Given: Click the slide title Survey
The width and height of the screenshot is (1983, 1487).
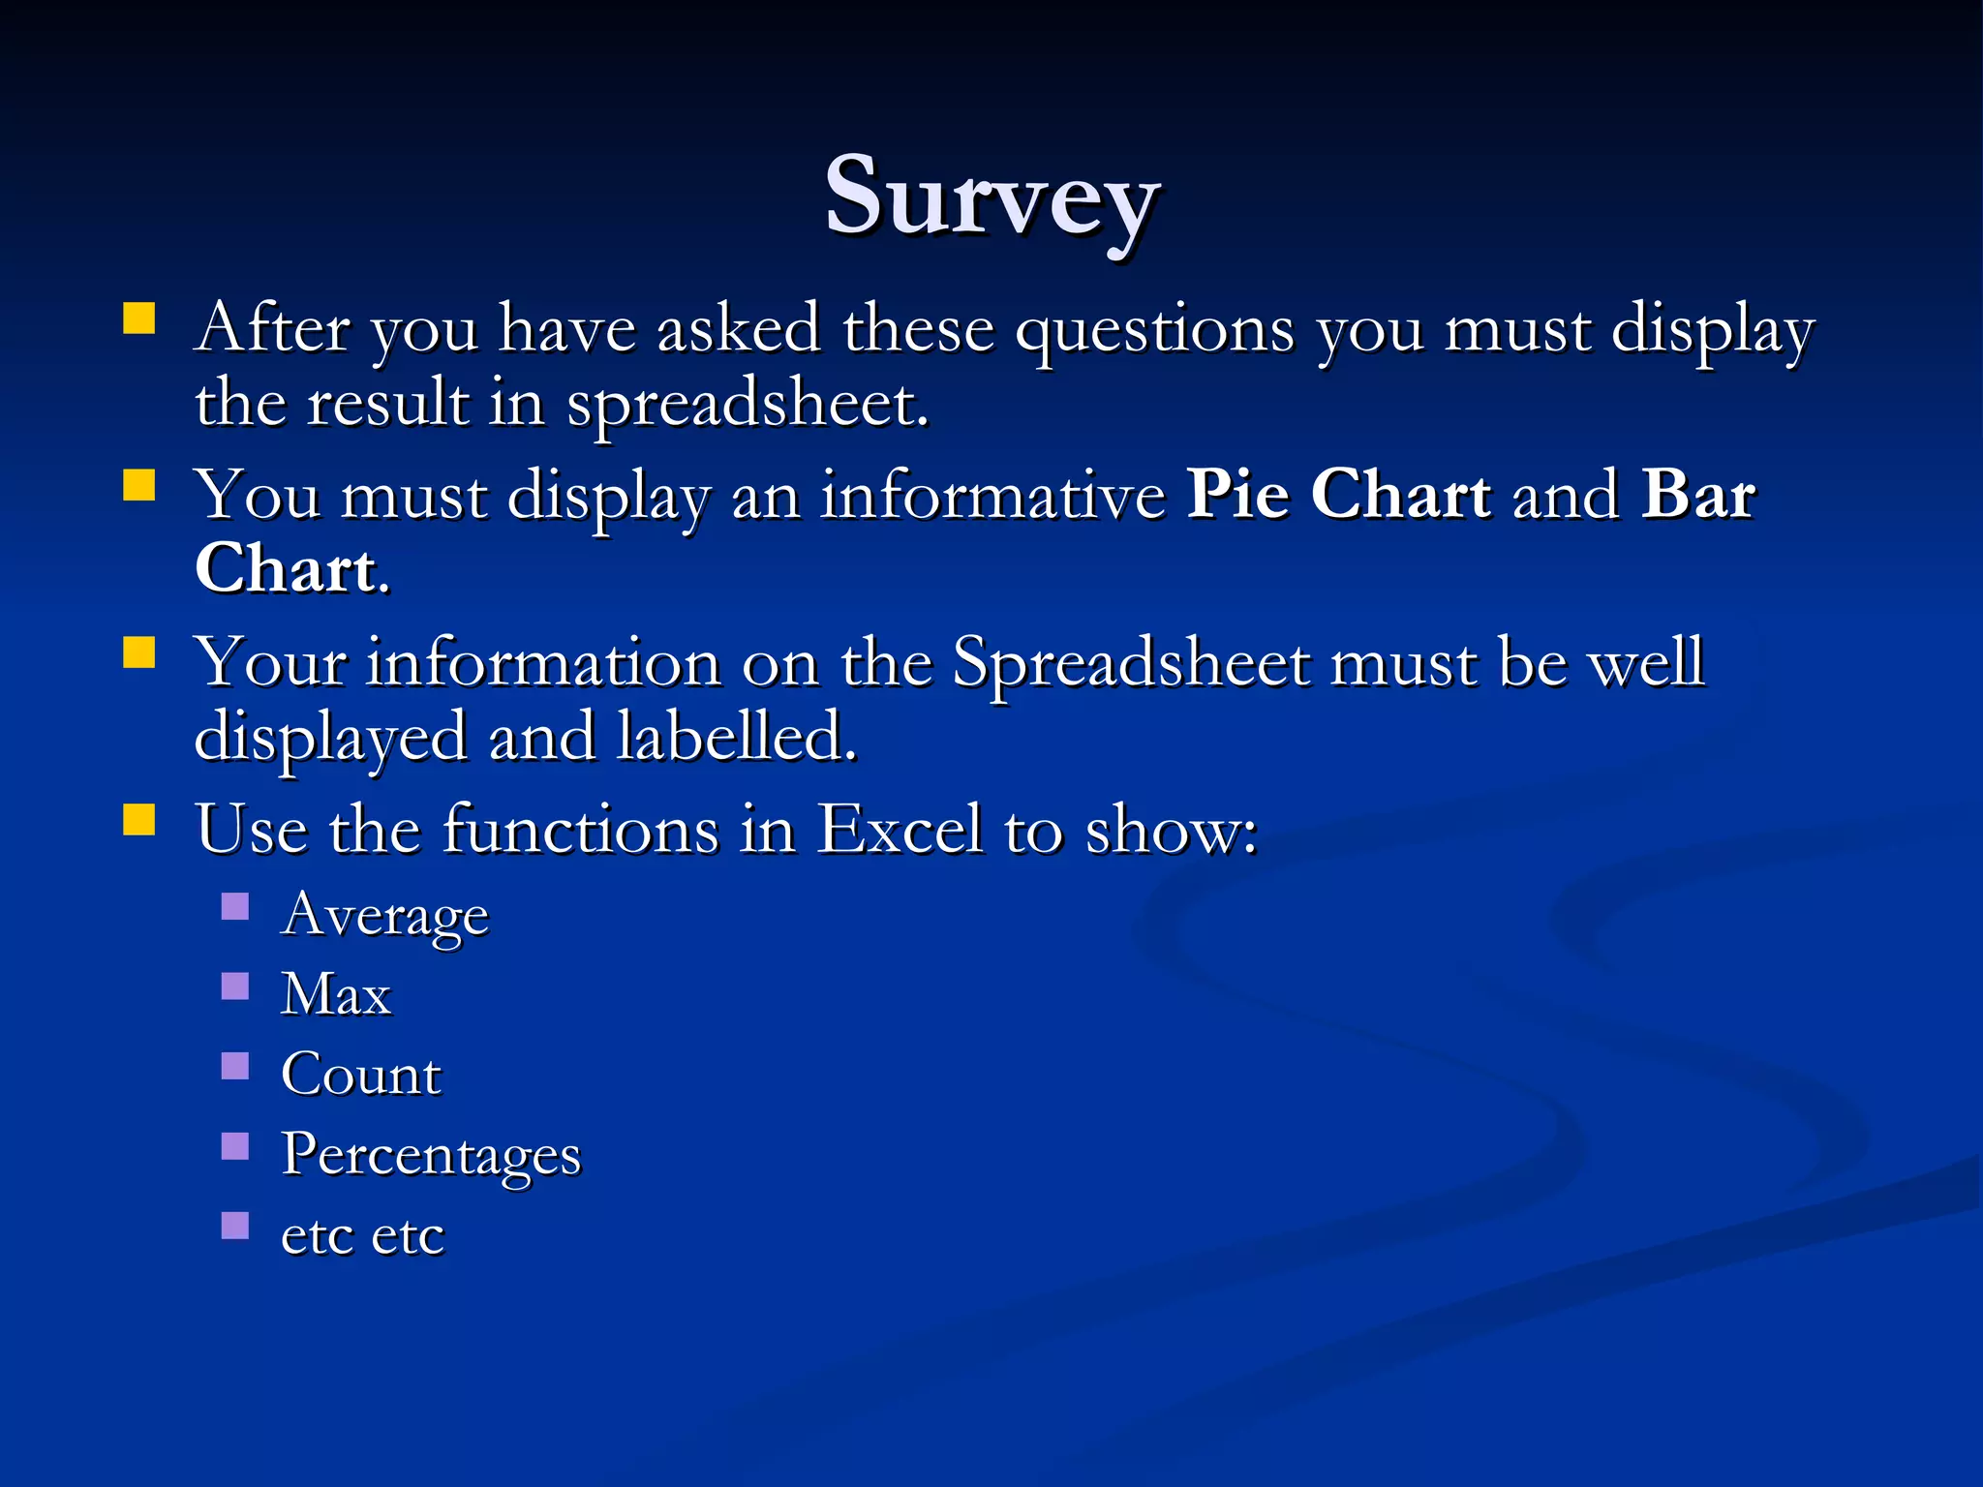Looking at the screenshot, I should coord(991,198).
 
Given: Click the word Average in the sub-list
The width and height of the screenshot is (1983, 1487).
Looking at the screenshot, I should coord(384,915).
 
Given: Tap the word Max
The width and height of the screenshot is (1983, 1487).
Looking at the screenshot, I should coord(336,994).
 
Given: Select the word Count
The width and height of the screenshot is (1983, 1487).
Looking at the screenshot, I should coord(361,1075).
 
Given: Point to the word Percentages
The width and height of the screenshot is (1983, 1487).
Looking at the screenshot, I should coord(431,1155).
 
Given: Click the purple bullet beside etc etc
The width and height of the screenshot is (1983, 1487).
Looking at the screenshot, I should coord(235,1227).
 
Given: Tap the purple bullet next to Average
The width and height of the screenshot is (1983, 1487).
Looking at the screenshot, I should coord(235,907).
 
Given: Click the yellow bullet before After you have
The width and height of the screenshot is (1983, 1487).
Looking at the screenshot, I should coord(139,319).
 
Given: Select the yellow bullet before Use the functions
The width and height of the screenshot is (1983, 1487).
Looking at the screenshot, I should coord(139,819).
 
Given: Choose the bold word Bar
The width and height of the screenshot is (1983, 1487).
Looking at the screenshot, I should coord(1698,495).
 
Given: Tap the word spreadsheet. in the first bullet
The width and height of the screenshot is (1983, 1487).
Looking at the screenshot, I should coord(747,405).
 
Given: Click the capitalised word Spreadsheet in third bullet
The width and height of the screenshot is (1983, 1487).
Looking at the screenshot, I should coord(1131,664).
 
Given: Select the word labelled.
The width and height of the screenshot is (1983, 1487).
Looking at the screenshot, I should coord(737,737).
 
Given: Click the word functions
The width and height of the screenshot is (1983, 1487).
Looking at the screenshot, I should coord(581,830).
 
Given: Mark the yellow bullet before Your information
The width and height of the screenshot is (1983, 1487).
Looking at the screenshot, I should coord(139,652).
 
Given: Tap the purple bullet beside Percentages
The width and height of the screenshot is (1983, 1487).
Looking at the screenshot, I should coord(235,1147).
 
